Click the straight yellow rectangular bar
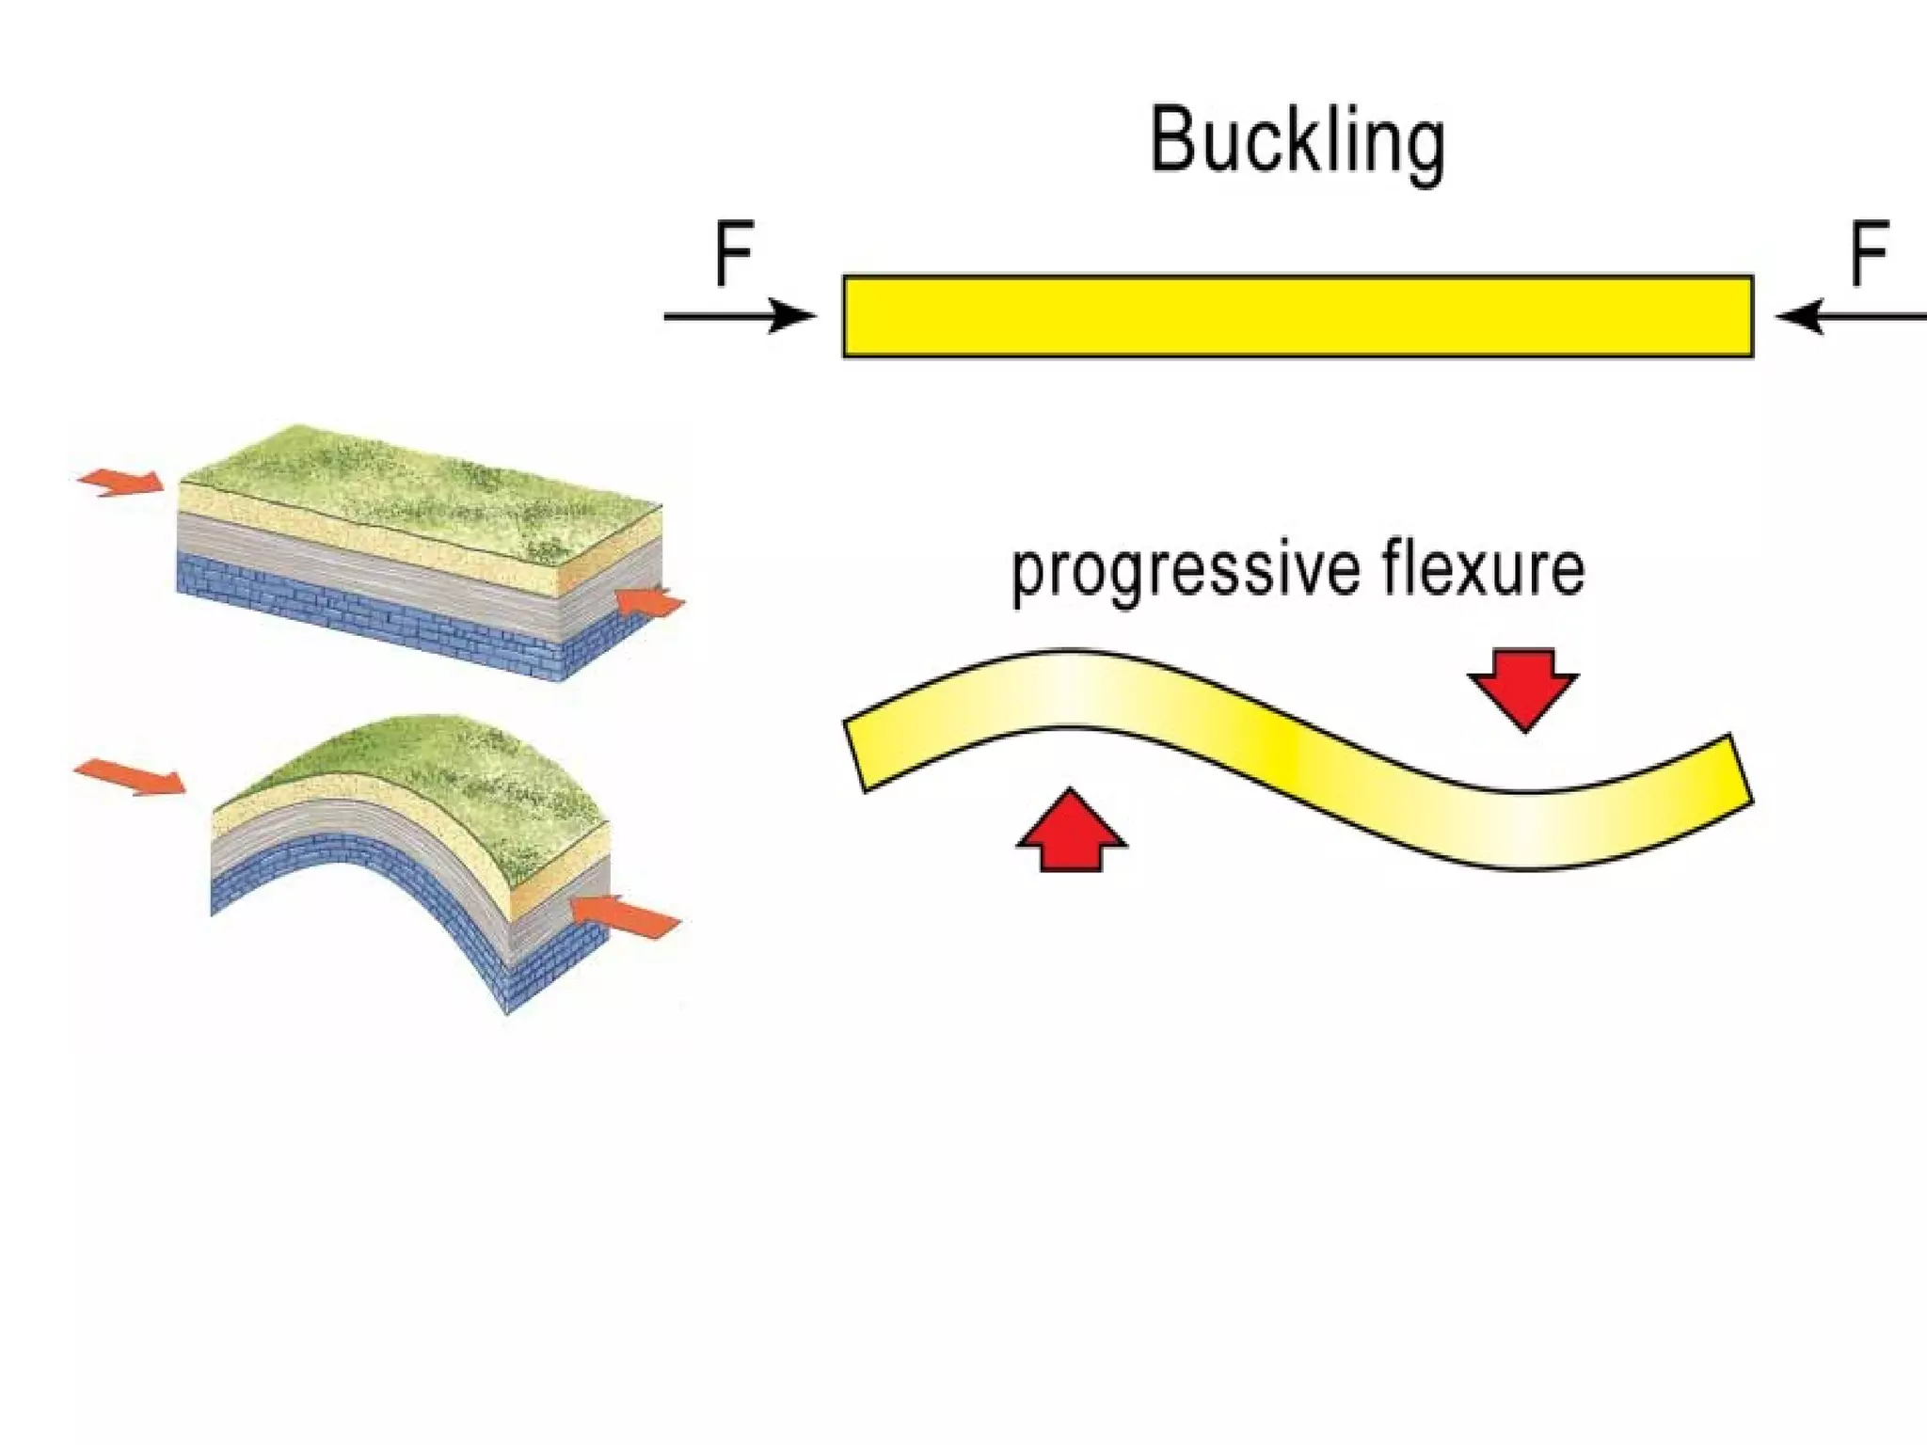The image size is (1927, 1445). [1298, 316]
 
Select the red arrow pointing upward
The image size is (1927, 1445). [1071, 832]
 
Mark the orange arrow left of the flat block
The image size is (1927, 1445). [121, 482]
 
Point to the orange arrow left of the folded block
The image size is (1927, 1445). [130, 777]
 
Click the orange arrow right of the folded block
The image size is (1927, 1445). [626, 915]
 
